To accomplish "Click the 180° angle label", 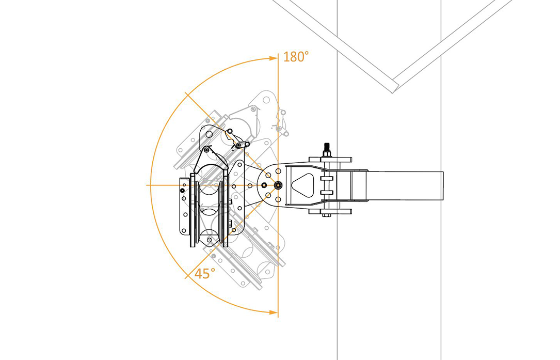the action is tap(296, 57).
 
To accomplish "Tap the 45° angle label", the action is tap(204, 273).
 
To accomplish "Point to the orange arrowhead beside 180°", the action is tap(273, 58).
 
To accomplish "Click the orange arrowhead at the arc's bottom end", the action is tap(273, 312).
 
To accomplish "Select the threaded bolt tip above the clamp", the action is tap(326, 147).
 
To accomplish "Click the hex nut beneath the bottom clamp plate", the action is tap(326, 215).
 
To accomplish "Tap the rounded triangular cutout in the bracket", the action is tap(303, 185).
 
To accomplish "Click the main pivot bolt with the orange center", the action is tap(278, 185).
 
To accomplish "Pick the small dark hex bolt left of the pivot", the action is tap(264, 185).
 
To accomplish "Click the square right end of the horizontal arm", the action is tap(443, 185).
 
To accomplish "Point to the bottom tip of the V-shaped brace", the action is tap(392, 92).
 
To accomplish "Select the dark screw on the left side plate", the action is tap(183, 191).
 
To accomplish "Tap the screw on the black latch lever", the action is tap(238, 145).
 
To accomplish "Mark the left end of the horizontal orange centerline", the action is tap(147, 185).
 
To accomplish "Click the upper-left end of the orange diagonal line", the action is tap(185, 92).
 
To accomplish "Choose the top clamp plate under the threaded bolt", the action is tap(330, 160).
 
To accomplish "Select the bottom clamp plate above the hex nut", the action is tap(330, 211).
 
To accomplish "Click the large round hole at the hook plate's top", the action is tap(209, 134).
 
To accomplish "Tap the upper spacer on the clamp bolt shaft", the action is tap(327, 178).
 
